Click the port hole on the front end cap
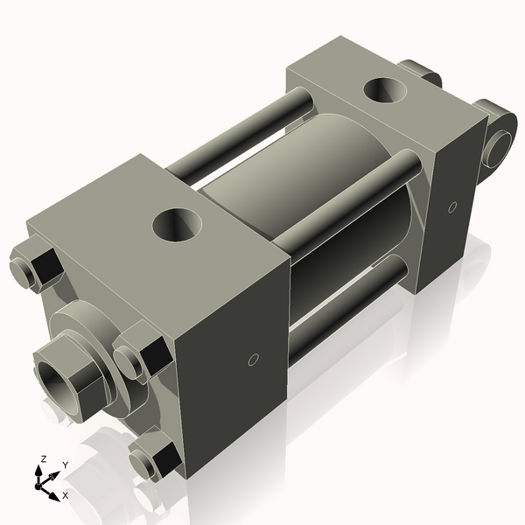coord(178,225)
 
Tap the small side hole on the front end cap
coord(253,360)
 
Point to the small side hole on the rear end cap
coord(451,207)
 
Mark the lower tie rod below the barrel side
coord(350,302)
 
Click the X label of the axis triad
coord(66,495)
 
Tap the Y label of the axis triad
coord(66,465)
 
